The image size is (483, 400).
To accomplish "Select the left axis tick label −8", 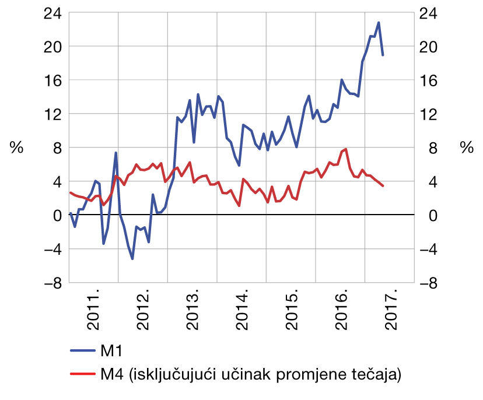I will [51, 283].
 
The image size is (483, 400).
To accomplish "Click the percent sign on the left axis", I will [16, 148].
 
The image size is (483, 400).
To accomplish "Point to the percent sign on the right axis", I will [466, 148].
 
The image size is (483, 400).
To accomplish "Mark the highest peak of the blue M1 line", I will [379, 23].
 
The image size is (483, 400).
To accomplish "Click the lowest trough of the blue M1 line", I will [132, 258].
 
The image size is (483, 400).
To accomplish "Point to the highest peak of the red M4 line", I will [346, 149].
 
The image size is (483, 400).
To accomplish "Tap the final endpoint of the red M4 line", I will [383, 186].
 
